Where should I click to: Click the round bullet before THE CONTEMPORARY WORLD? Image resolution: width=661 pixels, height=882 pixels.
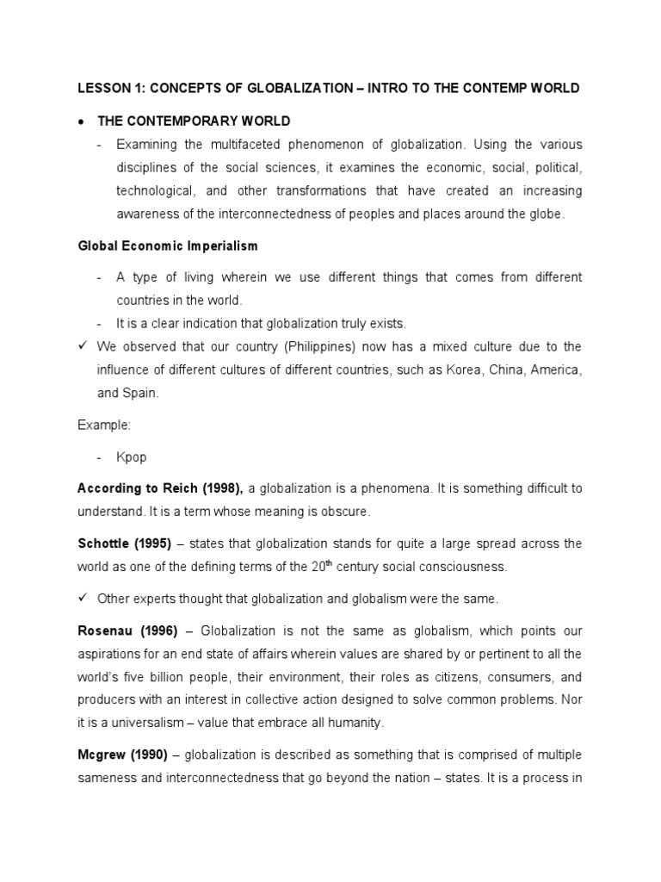(80, 121)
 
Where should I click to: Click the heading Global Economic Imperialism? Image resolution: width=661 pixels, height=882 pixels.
(167, 245)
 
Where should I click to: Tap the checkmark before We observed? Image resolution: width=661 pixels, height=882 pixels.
(82, 346)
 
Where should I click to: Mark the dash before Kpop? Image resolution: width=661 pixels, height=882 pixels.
(100, 457)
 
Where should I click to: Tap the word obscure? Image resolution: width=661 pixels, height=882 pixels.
(343, 512)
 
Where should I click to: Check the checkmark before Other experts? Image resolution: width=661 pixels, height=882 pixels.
(82, 598)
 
